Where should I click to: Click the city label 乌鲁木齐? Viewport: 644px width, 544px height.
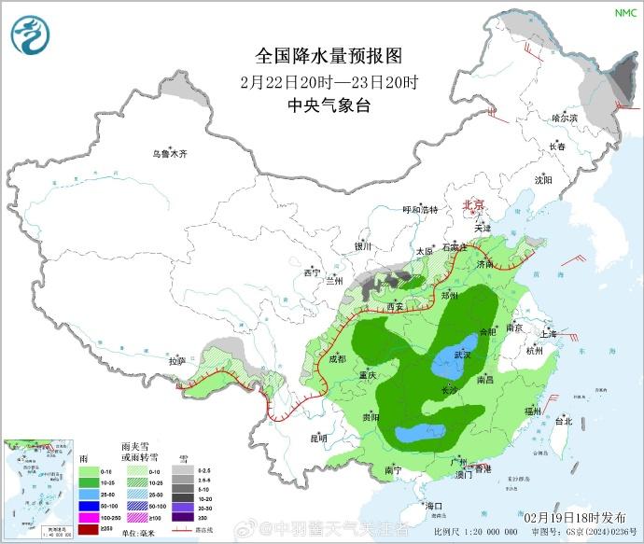click(x=171, y=154)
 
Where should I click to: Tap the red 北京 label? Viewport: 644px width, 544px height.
click(x=474, y=204)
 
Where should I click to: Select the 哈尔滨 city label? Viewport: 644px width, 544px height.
click(x=565, y=119)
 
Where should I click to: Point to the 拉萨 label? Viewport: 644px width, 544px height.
click(x=176, y=360)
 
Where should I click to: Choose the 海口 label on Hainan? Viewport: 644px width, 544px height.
click(x=432, y=505)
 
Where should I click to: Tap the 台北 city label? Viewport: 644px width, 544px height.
click(x=564, y=421)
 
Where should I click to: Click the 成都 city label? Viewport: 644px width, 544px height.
click(x=337, y=358)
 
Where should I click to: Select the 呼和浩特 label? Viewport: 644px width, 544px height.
click(x=419, y=210)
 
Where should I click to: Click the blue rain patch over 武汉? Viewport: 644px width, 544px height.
click(x=456, y=359)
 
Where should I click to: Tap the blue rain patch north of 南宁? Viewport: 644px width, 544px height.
click(x=421, y=433)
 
